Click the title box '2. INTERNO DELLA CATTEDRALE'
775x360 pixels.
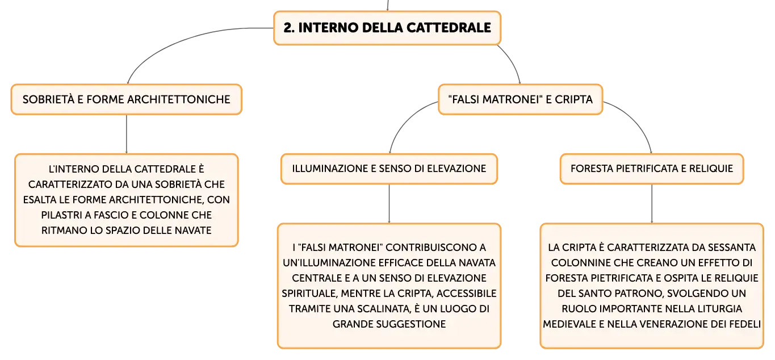(x=387, y=28)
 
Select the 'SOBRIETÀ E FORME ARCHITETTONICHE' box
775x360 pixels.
(x=126, y=99)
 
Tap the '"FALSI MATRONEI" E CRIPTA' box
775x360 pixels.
(x=520, y=99)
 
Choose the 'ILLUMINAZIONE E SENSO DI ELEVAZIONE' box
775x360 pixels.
(x=389, y=169)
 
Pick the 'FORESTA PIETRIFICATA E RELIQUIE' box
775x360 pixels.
(x=652, y=169)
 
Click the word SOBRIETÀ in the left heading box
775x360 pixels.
(x=48, y=99)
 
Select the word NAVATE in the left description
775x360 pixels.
(x=193, y=230)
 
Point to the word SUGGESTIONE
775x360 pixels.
(x=410, y=324)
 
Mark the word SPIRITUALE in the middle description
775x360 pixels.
(x=309, y=293)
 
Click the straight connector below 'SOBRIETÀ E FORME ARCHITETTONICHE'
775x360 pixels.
(x=126, y=134)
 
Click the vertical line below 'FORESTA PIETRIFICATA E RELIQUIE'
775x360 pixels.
(x=652, y=203)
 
